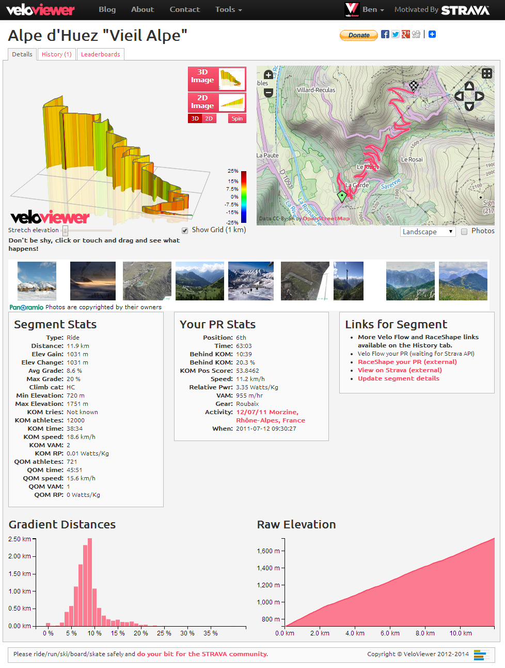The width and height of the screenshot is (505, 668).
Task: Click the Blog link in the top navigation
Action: pos(107,9)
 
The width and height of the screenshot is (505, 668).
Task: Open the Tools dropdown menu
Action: pos(228,9)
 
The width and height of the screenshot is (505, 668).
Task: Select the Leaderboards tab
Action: pos(100,54)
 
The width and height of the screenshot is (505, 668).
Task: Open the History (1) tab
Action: pos(56,54)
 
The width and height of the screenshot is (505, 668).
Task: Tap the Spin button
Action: pos(237,118)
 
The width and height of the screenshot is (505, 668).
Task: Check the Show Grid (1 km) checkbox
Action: pos(185,231)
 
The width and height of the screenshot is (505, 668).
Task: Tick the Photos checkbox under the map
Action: pos(464,232)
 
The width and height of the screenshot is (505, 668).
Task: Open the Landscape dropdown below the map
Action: pos(428,232)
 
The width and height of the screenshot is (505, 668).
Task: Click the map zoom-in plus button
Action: pos(269,75)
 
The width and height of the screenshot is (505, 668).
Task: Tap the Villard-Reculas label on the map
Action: pos(316,90)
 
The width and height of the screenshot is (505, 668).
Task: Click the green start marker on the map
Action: pos(342,196)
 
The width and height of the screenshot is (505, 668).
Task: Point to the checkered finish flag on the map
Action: pos(414,86)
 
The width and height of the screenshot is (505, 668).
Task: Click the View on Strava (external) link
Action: pos(400,370)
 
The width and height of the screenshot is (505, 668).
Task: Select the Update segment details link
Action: pos(399,378)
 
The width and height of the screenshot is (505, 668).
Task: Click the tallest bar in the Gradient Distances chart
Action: pos(89,582)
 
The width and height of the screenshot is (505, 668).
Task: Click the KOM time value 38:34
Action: pos(74,429)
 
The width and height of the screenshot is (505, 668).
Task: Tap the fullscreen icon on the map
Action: pos(487,73)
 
